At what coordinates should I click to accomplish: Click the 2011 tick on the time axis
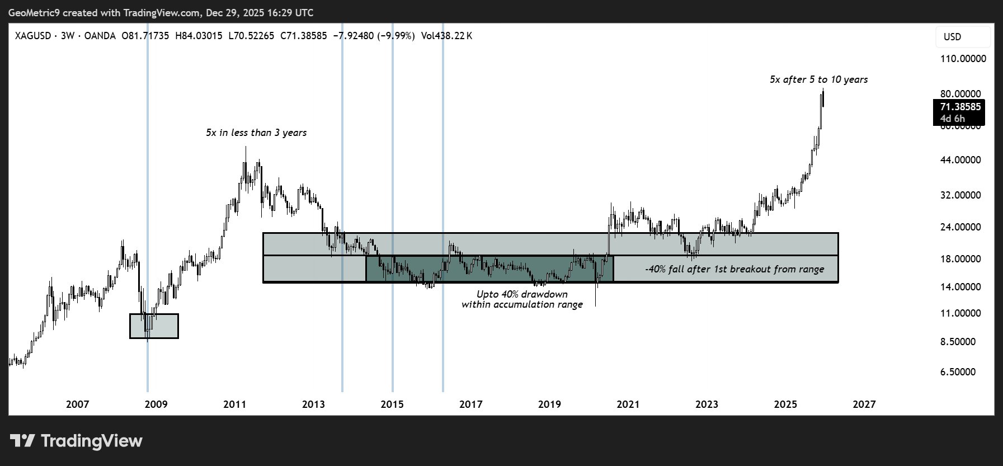point(235,404)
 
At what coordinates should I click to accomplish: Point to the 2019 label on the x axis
point(549,404)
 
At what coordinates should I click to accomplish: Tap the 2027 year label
point(864,404)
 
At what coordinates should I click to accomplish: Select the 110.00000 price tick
point(963,59)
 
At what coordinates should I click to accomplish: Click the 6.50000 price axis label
point(958,372)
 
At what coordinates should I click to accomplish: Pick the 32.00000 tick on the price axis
point(960,195)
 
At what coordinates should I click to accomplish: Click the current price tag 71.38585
point(960,107)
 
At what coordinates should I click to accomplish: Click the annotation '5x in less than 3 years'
point(256,133)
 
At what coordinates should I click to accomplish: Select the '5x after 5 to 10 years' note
point(818,80)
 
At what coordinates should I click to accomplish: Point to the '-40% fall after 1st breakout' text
point(734,270)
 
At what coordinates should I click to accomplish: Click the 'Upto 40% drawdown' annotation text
point(522,294)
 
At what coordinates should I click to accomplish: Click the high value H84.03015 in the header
point(199,36)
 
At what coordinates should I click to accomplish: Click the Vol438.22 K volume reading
point(446,36)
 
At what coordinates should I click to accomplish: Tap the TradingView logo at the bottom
point(77,441)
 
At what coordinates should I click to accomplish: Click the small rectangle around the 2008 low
point(154,326)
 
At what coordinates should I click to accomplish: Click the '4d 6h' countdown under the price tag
point(953,119)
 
